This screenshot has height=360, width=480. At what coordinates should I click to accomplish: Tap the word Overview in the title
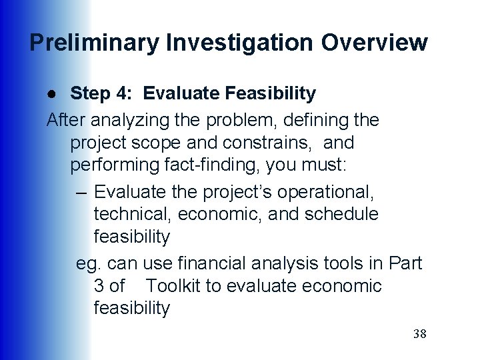(374, 43)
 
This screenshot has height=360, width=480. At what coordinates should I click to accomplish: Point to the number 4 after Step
(126, 94)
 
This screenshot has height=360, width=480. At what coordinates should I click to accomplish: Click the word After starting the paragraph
(66, 120)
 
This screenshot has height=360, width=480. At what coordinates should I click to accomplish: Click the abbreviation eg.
(89, 264)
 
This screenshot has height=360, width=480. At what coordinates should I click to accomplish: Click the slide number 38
(419, 334)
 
